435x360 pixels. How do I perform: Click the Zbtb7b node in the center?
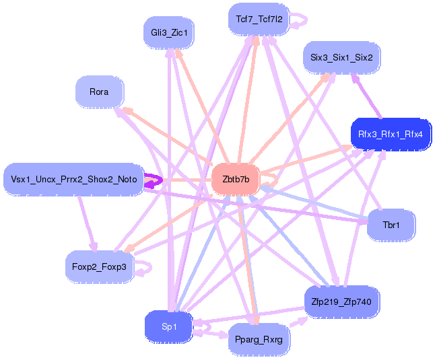tap(236, 180)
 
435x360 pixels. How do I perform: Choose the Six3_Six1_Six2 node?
tap(342, 58)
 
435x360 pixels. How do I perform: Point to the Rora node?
tap(99, 92)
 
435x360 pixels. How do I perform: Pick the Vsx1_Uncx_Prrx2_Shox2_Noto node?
tap(73, 180)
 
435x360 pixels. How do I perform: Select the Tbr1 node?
tap(391, 225)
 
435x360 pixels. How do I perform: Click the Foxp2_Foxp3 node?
tap(100, 266)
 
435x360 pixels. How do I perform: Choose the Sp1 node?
tap(169, 327)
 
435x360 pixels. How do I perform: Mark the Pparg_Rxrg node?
tap(259, 340)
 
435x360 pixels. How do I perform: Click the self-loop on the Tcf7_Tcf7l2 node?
tap(301, 20)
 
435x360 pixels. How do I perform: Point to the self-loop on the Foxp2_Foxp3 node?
tap(144, 268)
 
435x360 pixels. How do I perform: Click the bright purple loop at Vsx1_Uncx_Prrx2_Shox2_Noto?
tap(153, 181)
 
